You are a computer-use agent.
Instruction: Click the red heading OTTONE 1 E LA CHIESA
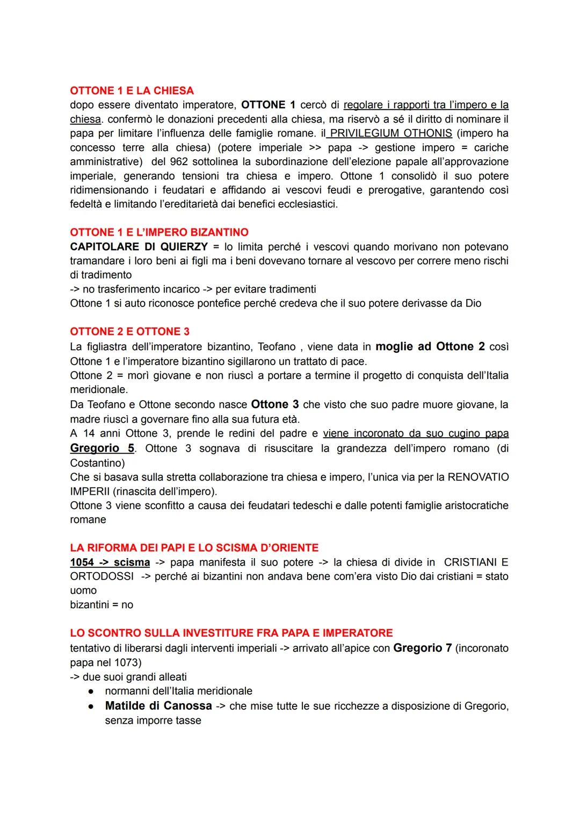[x=132, y=90]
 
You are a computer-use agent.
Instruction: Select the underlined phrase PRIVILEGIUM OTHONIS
[x=391, y=133]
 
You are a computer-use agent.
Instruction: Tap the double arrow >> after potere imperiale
[x=315, y=147]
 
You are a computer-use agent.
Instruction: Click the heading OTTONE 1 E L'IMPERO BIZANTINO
[x=159, y=232]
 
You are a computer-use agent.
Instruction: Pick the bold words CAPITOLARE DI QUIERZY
[x=139, y=247]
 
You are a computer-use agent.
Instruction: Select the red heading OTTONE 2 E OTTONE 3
[x=129, y=331]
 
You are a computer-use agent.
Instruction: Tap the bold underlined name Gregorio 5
[x=102, y=448]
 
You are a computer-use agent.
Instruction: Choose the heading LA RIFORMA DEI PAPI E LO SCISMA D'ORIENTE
[x=194, y=547]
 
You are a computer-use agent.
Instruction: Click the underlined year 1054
[x=82, y=562]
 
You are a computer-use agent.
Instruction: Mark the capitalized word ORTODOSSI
[x=102, y=576]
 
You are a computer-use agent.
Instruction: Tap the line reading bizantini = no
[x=102, y=604]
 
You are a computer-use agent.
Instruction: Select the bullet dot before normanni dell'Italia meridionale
[x=92, y=691]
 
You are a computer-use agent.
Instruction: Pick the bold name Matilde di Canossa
[x=158, y=705]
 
